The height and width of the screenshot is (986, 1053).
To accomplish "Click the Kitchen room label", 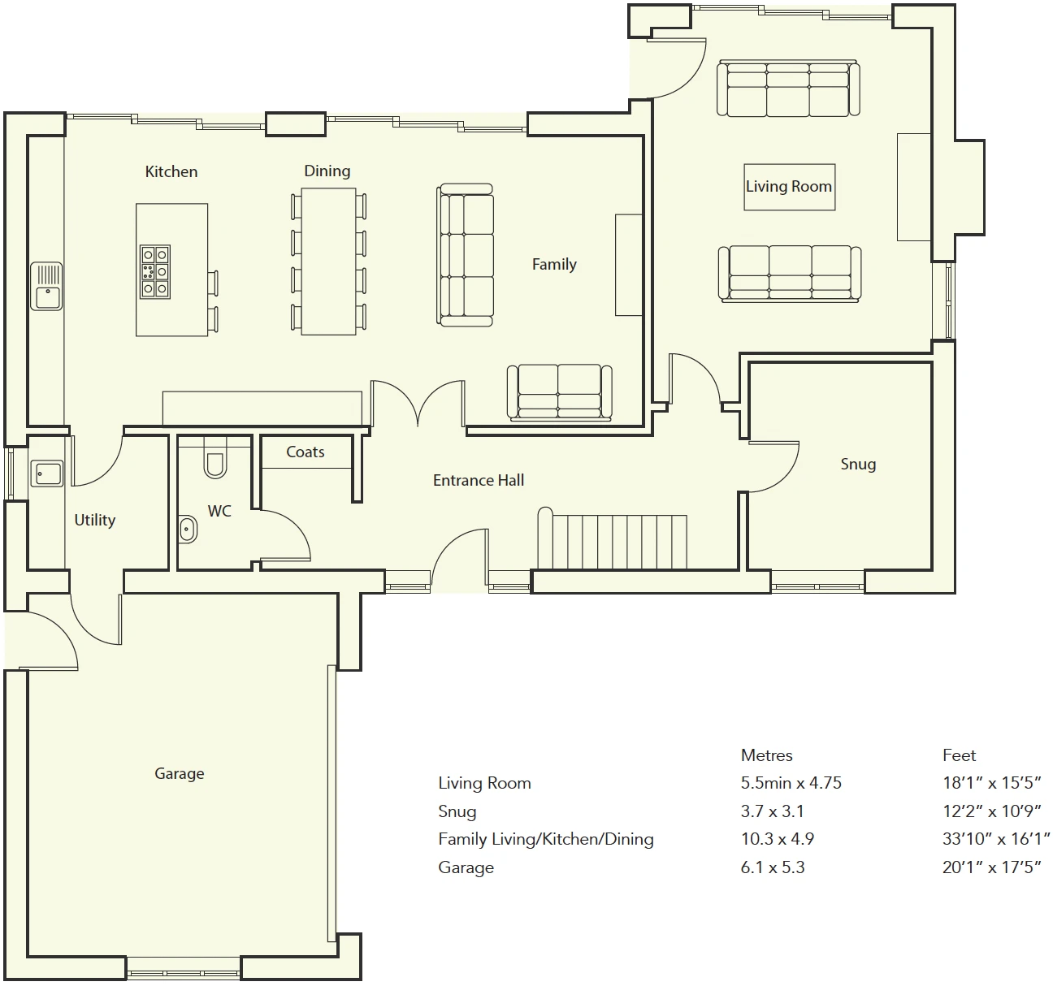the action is click(x=171, y=171).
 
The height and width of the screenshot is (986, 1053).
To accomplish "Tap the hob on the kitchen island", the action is click(x=155, y=271).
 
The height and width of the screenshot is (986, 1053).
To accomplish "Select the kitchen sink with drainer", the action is click(x=46, y=286).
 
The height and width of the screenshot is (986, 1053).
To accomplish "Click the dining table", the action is click(x=328, y=262).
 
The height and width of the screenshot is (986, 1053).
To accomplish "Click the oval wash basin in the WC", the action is click(x=187, y=529).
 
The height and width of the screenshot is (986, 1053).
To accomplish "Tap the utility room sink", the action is click(x=46, y=473).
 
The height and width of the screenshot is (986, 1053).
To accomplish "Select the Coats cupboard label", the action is click(x=305, y=452).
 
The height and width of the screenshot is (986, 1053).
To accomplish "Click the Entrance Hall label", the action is click(x=479, y=480).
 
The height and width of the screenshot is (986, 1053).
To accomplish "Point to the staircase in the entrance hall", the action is click(x=613, y=538).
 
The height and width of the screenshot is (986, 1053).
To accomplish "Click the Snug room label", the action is click(x=858, y=465).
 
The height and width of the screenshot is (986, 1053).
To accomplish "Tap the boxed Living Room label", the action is click(x=789, y=187).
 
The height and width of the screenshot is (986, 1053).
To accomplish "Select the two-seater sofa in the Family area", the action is click(x=559, y=393).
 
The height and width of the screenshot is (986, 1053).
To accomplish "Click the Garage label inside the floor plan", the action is click(x=180, y=773).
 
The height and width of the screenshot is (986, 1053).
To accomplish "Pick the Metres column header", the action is click(x=766, y=755).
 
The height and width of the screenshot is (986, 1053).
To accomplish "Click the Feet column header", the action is click(x=959, y=755).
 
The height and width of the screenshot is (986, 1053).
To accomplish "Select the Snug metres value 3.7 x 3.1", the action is click(x=772, y=811).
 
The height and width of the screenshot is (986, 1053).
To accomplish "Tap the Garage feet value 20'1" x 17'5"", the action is click(x=991, y=867).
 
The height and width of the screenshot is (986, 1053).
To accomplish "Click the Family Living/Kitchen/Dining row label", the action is click(x=545, y=839).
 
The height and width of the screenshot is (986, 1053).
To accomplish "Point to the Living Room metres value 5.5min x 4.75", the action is click(x=791, y=783).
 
